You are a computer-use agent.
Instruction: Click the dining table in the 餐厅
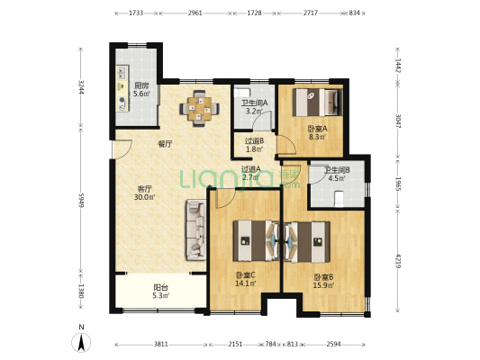point(200,108)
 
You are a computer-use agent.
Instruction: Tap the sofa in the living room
point(195,229)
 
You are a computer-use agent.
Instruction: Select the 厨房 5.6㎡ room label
point(141,90)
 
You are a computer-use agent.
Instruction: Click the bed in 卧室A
point(318,103)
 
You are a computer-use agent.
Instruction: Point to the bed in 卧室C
point(256,240)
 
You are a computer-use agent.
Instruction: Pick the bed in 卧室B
point(307,242)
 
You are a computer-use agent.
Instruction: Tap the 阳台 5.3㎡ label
point(161,292)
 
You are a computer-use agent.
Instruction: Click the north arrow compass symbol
point(81,342)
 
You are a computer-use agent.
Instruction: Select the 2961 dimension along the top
point(195,13)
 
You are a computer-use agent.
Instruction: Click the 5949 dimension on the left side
point(81,200)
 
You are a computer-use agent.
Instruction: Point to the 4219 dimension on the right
point(398,261)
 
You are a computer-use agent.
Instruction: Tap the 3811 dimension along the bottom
point(160,345)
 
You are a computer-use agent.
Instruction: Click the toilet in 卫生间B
point(339,198)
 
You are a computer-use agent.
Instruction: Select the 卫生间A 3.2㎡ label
point(254,107)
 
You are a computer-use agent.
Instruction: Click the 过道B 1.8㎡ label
point(254,145)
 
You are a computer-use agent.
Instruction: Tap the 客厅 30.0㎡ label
point(144,193)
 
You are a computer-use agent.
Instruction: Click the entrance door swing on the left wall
point(122,149)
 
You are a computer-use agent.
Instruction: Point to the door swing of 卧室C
point(225,198)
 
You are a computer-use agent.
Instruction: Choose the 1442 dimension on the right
point(398,66)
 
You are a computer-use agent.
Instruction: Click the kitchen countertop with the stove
point(122,89)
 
